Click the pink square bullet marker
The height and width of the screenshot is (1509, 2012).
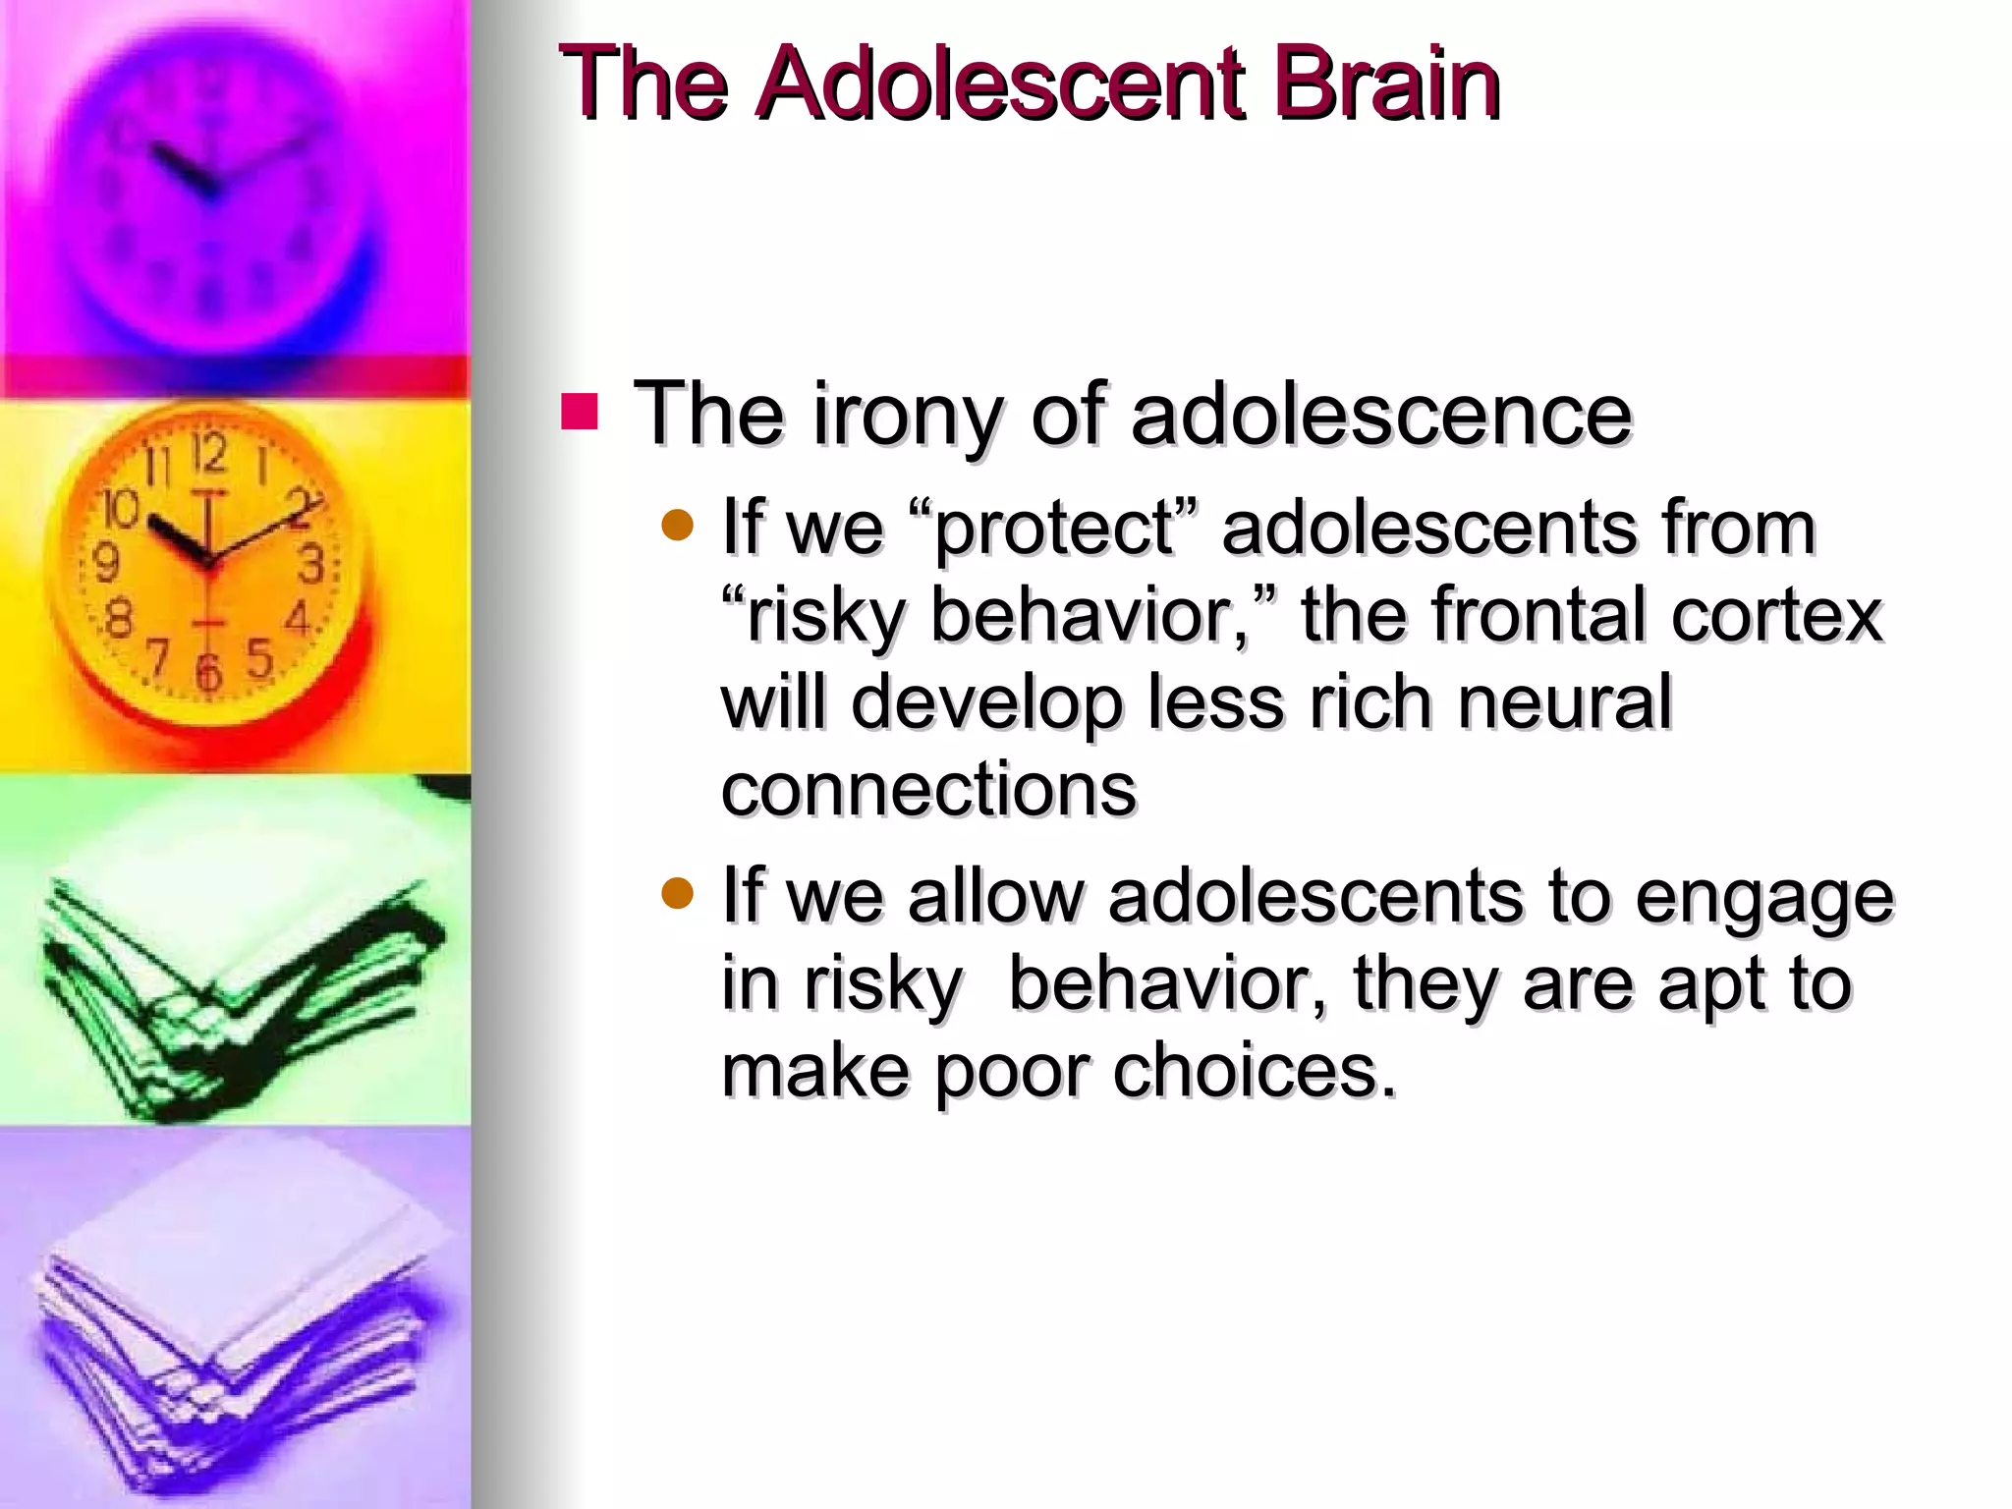[580, 413]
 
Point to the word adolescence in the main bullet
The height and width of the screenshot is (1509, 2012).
[1381, 415]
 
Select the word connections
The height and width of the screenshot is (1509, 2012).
[928, 789]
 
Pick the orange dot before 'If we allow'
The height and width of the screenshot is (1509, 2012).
[677, 894]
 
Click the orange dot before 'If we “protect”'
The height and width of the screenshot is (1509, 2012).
[677, 527]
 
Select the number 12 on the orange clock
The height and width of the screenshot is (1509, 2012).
[209, 454]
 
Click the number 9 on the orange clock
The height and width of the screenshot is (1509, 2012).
[105, 562]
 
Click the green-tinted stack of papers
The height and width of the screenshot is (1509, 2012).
[236, 982]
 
